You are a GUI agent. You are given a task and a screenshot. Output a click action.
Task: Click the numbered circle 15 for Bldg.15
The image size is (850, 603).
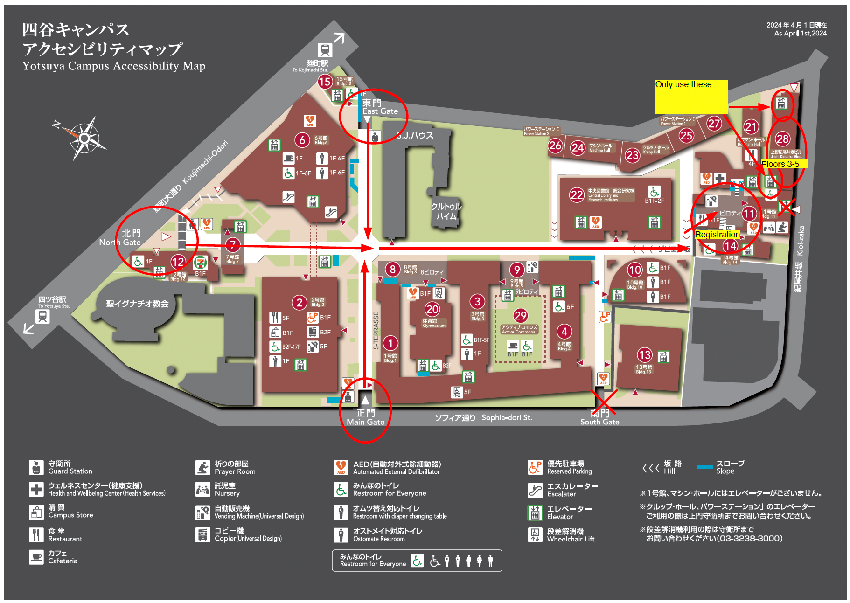point(325,82)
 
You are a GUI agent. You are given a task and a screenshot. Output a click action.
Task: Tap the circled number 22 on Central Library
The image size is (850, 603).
point(577,195)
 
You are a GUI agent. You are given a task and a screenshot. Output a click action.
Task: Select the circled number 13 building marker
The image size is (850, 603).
point(645,355)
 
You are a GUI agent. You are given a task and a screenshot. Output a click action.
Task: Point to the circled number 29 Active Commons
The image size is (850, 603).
point(520,316)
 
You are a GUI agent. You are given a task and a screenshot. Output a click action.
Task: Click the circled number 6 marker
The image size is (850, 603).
point(302,139)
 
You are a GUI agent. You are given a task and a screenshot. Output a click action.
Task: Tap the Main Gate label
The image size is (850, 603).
point(366,417)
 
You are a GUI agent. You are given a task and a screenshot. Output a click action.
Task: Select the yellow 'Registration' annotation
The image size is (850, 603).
point(717,234)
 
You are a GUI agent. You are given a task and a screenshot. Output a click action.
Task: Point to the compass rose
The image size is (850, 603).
point(84,138)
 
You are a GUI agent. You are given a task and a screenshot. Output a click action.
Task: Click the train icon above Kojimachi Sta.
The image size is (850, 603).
point(325,49)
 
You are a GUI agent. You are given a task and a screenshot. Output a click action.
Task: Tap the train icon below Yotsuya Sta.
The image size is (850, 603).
point(42,317)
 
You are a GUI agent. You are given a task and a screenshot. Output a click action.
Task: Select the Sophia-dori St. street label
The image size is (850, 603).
point(507,417)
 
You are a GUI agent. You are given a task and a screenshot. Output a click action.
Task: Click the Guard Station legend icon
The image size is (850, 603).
point(36,467)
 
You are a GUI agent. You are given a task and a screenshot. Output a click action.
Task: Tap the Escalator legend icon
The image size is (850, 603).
point(535,490)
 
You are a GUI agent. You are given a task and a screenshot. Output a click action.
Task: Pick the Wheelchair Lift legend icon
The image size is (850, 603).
point(535,534)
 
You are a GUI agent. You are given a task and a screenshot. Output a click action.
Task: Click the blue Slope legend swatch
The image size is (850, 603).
point(704,467)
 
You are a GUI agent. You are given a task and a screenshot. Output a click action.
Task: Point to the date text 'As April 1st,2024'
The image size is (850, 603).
point(800,34)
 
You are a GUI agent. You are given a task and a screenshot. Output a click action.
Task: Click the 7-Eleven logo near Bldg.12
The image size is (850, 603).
point(201,263)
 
